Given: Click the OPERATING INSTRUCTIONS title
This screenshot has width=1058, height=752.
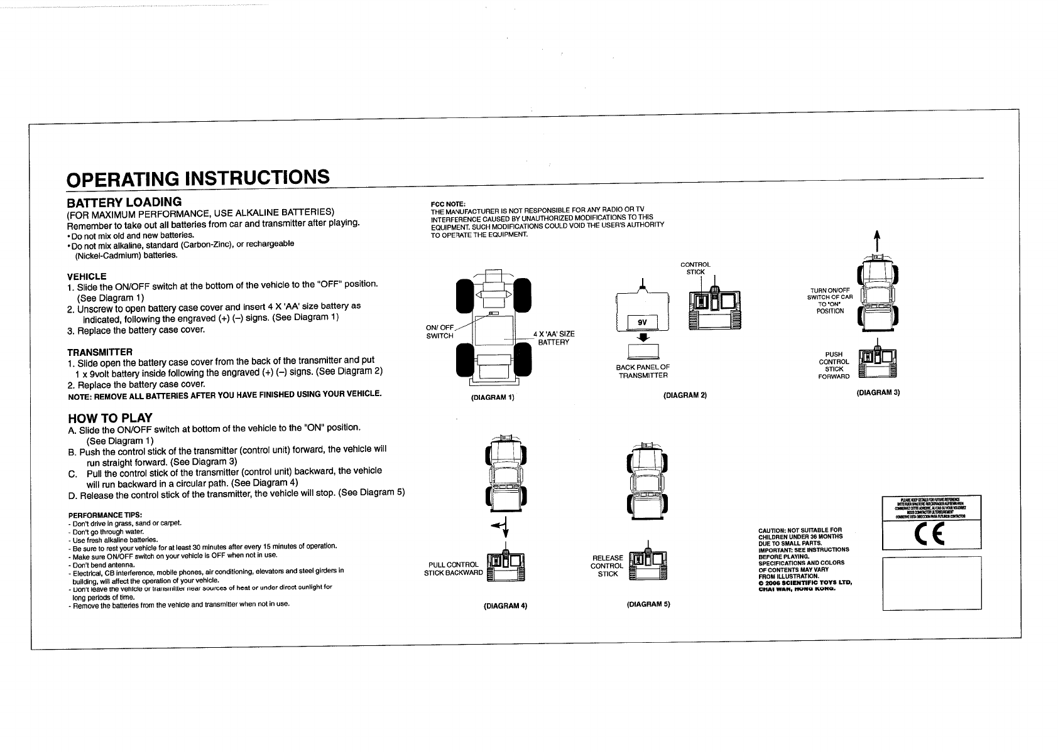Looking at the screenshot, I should (x=198, y=178).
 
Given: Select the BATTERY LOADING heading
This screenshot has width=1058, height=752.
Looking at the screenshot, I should (x=124, y=202).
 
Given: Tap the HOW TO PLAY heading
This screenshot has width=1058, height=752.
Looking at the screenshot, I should (x=110, y=418).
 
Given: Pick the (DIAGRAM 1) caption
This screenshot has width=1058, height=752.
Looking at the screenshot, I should (x=493, y=397).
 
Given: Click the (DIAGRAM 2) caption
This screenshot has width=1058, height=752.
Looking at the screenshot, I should (x=685, y=395).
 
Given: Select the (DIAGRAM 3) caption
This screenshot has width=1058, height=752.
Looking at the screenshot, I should (x=878, y=392).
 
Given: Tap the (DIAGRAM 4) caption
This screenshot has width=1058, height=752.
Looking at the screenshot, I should (x=505, y=606).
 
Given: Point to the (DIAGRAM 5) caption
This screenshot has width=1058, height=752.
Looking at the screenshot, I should (x=649, y=604).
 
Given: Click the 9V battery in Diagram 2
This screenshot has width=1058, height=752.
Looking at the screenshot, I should (x=642, y=323).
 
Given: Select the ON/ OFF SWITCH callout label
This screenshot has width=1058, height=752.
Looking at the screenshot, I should (x=440, y=331).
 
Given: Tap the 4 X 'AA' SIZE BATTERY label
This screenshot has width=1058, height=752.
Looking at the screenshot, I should (x=553, y=338).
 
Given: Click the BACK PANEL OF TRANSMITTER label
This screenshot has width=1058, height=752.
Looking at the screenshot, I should (x=643, y=371).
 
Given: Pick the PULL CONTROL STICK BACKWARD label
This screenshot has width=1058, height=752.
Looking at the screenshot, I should (x=454, y=568).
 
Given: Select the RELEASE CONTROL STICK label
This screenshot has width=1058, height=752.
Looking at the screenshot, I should (x=608, y=566).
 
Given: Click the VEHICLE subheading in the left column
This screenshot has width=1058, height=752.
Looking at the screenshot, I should (x=87, y=276).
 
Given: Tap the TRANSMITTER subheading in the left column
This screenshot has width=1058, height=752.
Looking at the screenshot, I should (x=99, y=352).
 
